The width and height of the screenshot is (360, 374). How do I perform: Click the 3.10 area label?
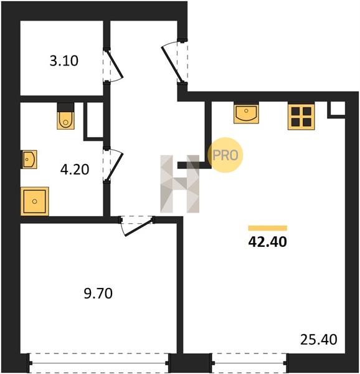click(x=64, y=60)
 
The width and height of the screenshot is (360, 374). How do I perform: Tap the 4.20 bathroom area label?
click(x=75, y=170)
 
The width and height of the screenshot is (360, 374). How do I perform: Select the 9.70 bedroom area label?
click(x=98, y=294)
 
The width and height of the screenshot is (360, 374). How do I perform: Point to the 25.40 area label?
click(x=318, y=340)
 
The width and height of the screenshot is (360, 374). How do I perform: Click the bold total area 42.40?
click(x=268, y=242)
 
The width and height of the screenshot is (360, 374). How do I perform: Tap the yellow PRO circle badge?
click(x=225, y=155)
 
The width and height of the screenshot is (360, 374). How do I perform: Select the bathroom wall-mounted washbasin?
click(x=29, y=160)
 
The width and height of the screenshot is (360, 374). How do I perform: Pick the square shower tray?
click(x=34, y=201)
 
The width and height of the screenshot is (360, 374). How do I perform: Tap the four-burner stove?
click(x=301, y=117)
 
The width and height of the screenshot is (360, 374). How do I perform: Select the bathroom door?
click(x=113, y=165)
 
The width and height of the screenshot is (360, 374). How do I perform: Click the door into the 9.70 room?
click(x=137, y=226)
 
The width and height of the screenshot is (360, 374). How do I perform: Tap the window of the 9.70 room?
click(x=99, y=363)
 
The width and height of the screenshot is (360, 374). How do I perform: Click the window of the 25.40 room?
click(x=249, y=363)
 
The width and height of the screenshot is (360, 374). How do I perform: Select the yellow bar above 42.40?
click(x=268, y=228)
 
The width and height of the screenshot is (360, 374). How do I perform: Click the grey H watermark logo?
click(x=179, y=184)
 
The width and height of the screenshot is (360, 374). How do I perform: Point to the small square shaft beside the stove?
click(x=337, y=109)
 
